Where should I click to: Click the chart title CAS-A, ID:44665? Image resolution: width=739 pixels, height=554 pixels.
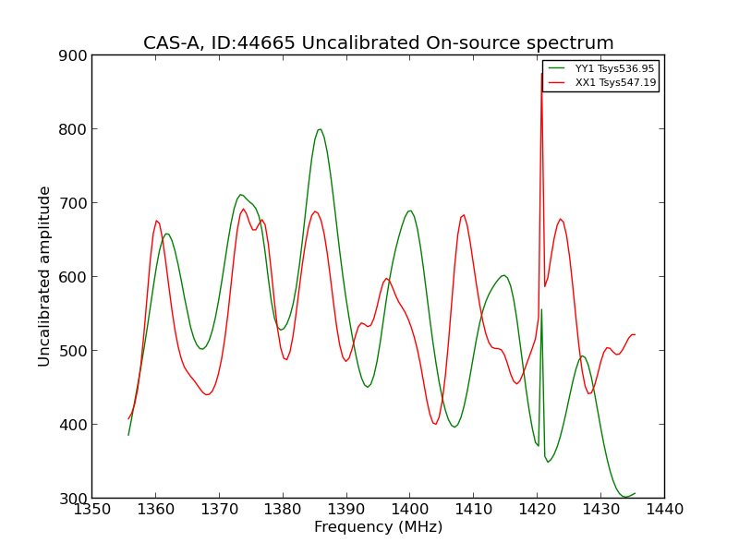pos(378,43)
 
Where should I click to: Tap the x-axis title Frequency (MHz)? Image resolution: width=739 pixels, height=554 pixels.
pos(378,527)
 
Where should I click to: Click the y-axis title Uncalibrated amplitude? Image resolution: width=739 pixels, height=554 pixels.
pos(44,276)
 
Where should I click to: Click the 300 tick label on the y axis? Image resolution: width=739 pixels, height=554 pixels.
pos(76,499)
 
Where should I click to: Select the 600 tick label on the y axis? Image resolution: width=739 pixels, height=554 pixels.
pos(76,277)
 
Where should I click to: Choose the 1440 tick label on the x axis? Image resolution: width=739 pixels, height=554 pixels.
pos(664,509)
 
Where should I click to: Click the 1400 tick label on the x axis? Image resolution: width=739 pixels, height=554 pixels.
pos(409,509)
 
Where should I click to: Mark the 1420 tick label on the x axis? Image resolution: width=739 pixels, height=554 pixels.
pos(537,509)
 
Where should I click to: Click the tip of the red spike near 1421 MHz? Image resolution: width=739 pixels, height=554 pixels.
pos(541,74)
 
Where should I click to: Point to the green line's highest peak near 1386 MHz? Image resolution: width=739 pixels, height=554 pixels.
pos(320,129)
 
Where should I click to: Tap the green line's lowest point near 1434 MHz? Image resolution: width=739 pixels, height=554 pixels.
pos(625,497)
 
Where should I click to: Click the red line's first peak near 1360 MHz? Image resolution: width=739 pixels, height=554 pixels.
pos(156,220)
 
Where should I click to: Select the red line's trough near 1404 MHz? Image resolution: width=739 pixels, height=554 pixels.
pos(435,424)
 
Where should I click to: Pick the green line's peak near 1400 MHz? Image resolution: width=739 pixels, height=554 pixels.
pos(409,211)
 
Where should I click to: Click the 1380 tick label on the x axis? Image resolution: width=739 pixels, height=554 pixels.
pos(282,509)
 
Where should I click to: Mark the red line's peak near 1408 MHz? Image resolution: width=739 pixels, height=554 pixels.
pos(464,215)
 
